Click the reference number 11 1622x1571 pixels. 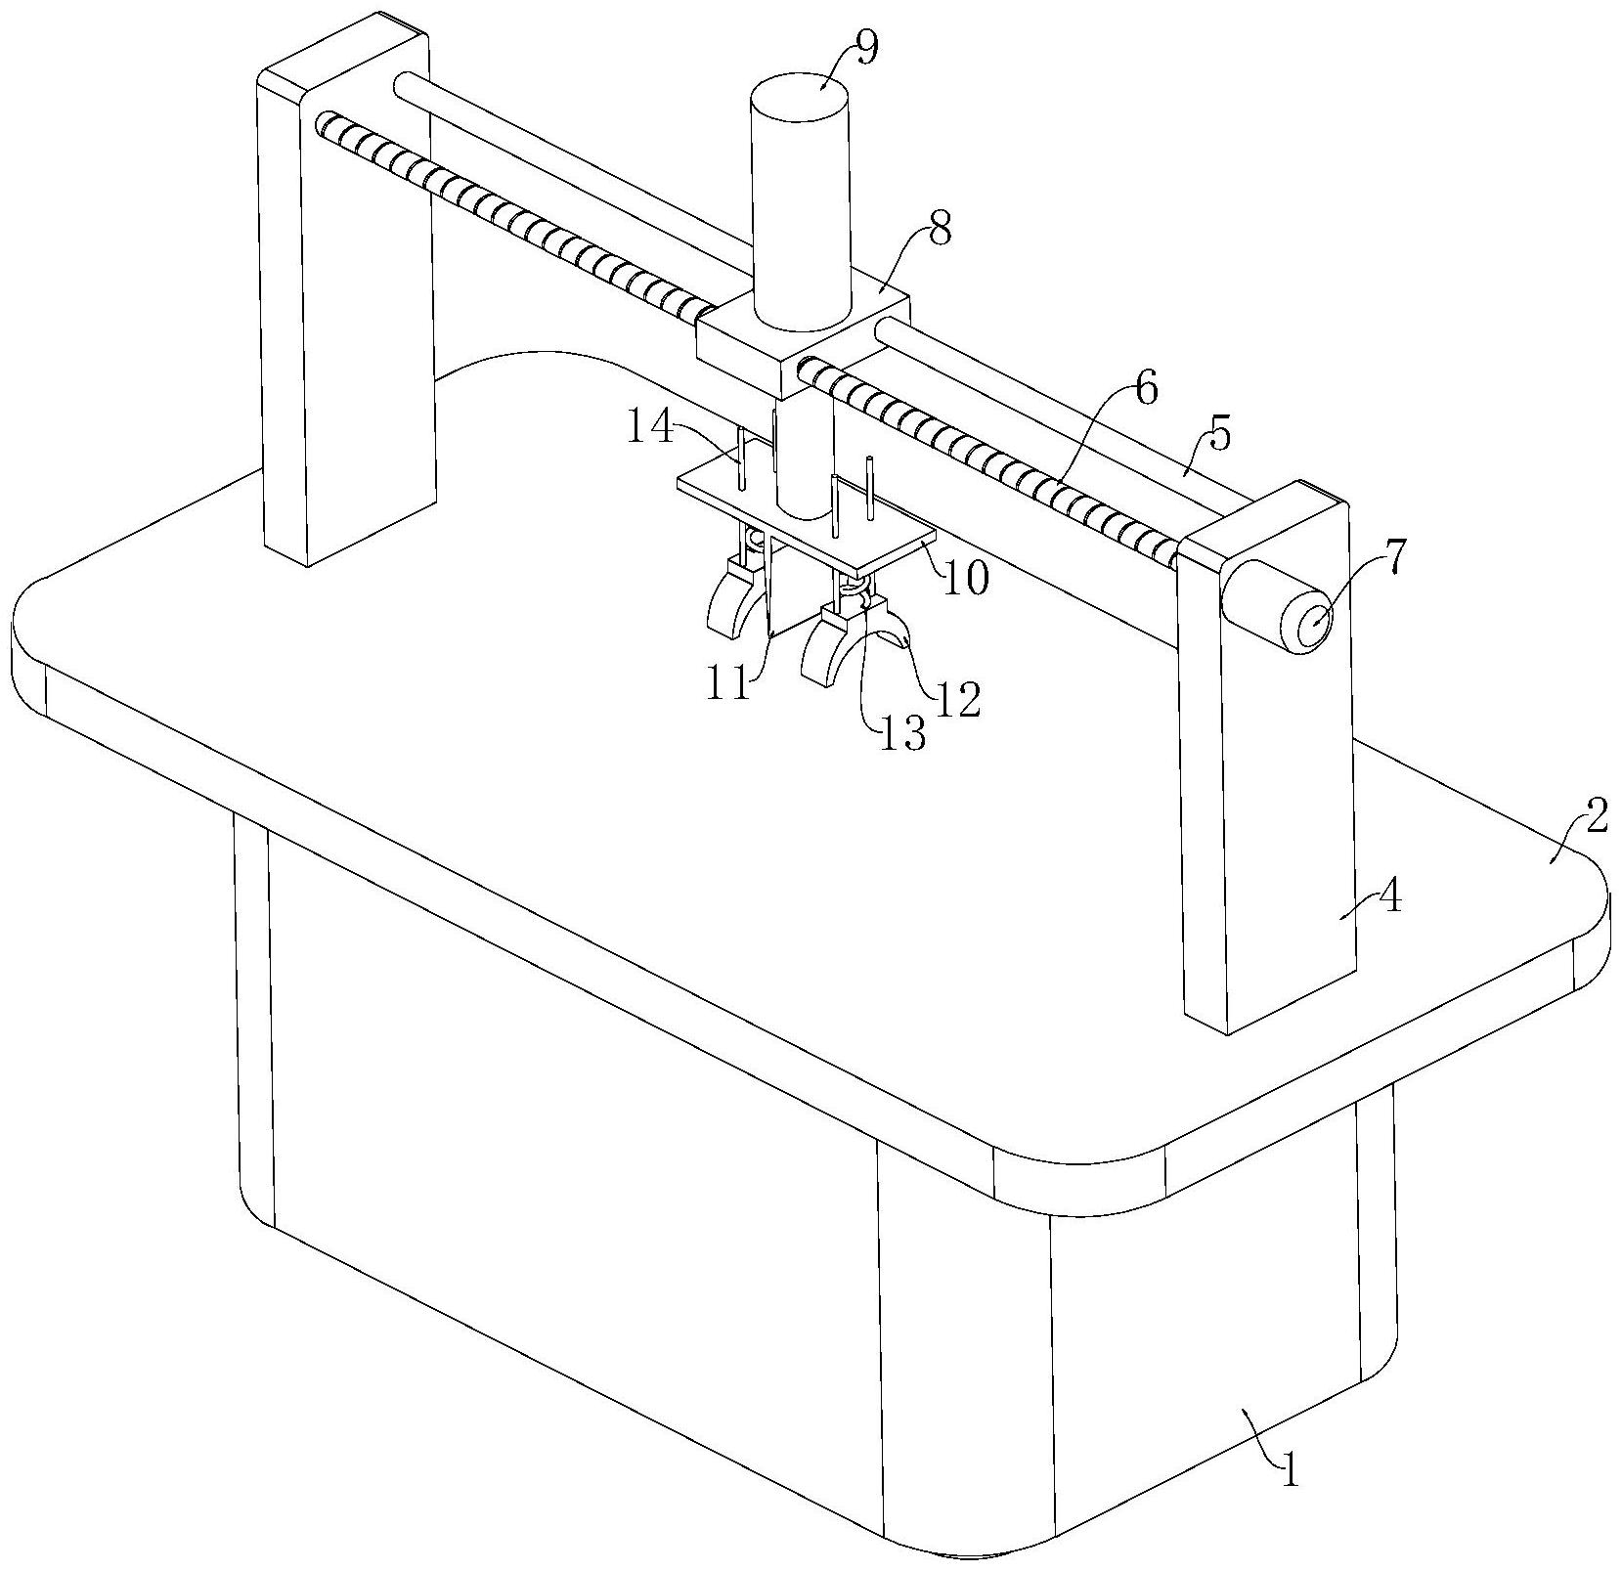(x=730, y=683)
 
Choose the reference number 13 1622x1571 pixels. (x=900, y=732)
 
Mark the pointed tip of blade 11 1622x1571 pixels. (x=770, y=638)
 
